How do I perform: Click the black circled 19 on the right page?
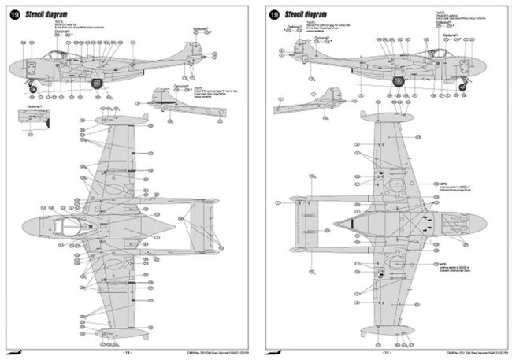pos(273,14)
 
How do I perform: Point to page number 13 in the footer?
pos(128,354)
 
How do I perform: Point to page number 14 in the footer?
pos(384,354)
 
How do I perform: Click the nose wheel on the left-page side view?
pos(31,83)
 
